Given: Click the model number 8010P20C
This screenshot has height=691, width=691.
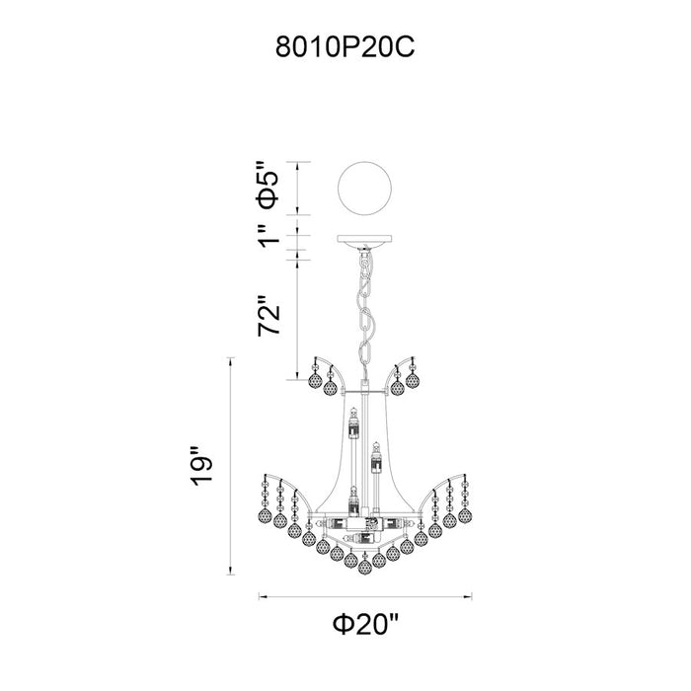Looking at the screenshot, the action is point(345,46).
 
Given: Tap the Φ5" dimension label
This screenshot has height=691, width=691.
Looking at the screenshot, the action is point(268,185).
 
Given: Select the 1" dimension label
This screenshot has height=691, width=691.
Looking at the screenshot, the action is point(268,236).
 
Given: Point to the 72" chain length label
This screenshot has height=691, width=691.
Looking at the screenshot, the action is point(269,315).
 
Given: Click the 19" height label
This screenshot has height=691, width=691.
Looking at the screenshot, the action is point(201,466).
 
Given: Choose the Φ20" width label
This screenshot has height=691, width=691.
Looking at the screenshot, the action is point(366,624).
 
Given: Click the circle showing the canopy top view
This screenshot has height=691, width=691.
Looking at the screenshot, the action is point(364,189).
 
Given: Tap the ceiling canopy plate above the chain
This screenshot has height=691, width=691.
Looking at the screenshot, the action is point(364,239).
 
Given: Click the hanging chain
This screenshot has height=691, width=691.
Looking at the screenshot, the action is point(365,308).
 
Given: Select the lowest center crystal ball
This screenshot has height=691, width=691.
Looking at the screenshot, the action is point(364,567).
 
